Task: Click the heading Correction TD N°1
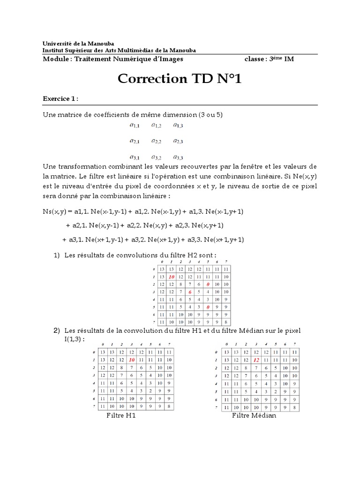pos(180,79)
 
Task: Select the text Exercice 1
pos(60,99)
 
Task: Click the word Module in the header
pos(55,59)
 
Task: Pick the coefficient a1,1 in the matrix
pos(135,125)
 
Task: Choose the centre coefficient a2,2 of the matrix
pos(156,141)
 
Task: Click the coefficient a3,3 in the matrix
pos(178,157)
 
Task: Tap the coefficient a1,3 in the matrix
pos(178,125)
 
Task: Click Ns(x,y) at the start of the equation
pos(55,212)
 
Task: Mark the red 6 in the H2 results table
pos(190,292)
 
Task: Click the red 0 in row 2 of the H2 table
pos(208,285)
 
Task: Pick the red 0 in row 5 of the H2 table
pos(208,307)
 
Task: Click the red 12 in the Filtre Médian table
pos(256,360)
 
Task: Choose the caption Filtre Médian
pos(254,416)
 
